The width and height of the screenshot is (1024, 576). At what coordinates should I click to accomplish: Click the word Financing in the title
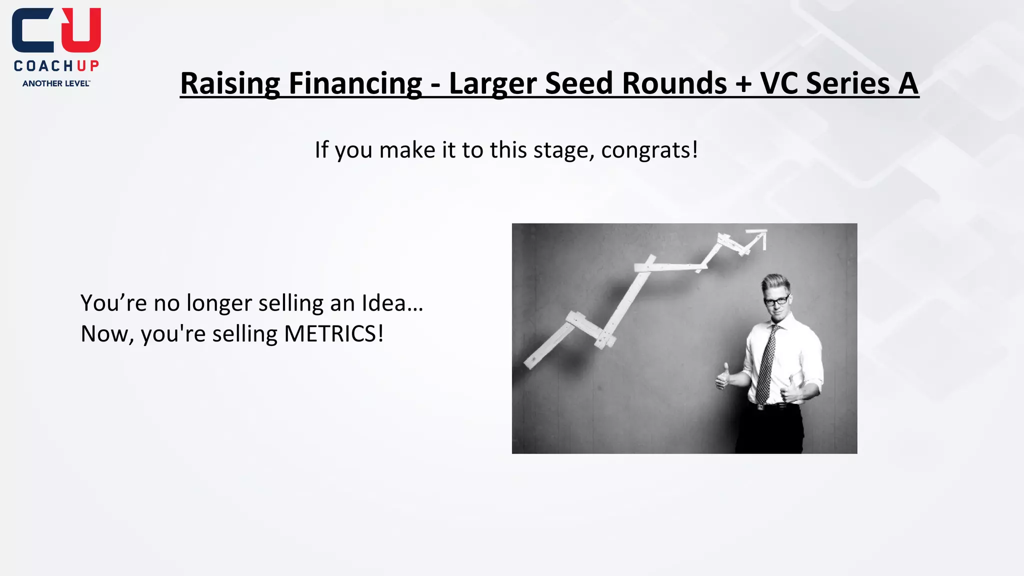(x=355, y=83)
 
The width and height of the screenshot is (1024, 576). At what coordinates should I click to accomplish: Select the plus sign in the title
(x=743, y=83)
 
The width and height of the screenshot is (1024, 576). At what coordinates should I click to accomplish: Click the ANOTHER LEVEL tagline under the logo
(x=56, y=83)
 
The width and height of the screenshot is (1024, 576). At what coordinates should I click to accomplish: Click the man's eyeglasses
(x=777, y=301)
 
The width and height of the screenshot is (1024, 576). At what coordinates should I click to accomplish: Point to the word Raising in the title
(x=230, y=83)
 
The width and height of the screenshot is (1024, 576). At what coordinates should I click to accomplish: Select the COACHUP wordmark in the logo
(x=56, y=66)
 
